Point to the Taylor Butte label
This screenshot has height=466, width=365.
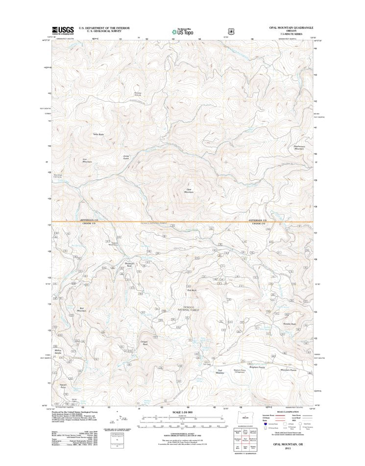98,134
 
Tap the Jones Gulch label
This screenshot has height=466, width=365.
126,158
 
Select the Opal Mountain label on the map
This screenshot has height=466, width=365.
189,191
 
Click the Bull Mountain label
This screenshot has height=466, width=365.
81,309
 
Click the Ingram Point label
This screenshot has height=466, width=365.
63,386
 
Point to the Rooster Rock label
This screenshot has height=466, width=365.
290,324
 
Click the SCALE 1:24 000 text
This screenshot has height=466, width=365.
182,412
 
